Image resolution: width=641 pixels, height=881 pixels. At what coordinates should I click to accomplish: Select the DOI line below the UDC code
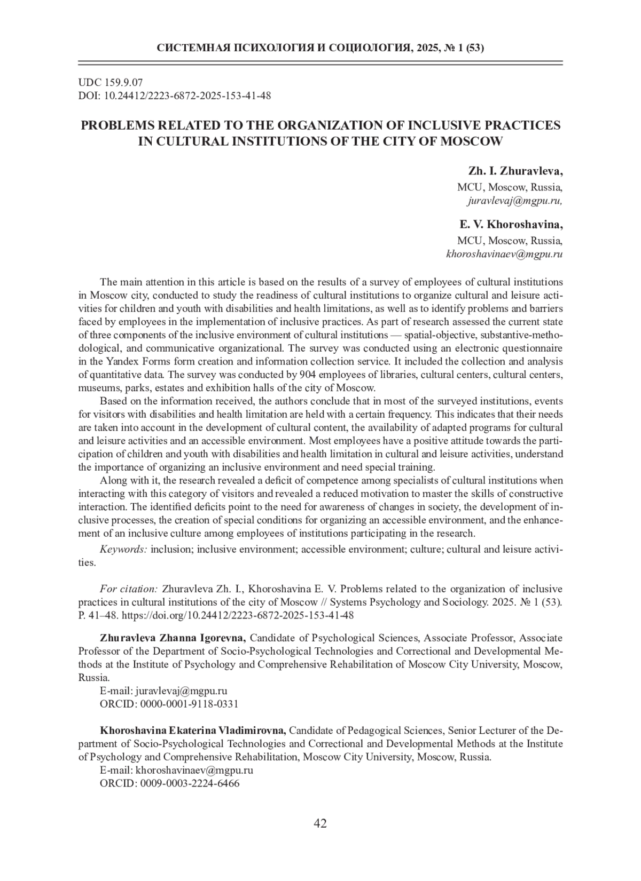coord(175,96)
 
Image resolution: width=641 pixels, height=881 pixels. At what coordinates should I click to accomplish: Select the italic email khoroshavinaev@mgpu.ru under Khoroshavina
coord(504,255)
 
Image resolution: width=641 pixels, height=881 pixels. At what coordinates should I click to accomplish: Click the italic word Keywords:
coord(123,549)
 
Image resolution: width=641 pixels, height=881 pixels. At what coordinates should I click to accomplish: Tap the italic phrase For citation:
coord(129,589)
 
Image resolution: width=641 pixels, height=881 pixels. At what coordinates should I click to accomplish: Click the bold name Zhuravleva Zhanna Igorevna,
coord(173,638)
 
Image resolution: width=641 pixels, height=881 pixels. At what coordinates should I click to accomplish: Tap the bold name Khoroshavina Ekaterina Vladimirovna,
coord(193,730)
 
